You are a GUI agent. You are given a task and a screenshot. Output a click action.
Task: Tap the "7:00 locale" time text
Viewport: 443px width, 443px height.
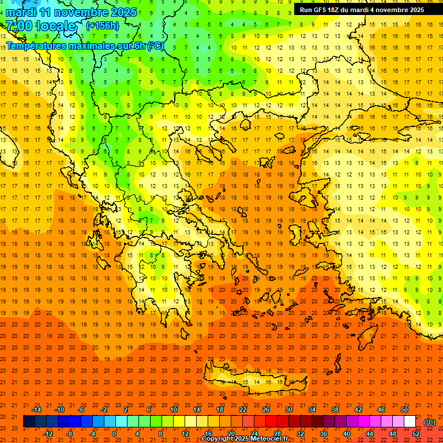click(x=40, y=26)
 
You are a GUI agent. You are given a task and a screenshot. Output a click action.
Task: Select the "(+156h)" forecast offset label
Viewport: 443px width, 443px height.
click(x=103, y=26)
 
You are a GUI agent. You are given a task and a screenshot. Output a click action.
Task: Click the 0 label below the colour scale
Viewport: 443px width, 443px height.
click(x=114, y=434)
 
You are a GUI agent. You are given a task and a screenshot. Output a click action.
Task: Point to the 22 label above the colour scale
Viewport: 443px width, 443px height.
click(x=243, y=410)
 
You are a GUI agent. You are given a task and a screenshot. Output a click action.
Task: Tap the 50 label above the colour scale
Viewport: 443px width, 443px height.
click(x=404, y=410)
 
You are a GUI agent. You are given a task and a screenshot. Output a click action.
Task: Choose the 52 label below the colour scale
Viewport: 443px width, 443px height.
click(x=416, y=434)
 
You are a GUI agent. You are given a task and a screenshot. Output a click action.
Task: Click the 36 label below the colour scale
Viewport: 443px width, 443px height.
click(x=324, y=434)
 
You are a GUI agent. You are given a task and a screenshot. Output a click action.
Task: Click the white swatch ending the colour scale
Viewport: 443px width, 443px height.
click(x=410, y=422)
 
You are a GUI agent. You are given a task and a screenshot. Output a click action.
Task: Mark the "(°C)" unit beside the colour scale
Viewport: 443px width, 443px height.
click(x=430, y=422)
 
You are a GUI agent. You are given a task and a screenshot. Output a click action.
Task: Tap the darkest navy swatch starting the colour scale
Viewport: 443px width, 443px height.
click(x=29, y=422)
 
